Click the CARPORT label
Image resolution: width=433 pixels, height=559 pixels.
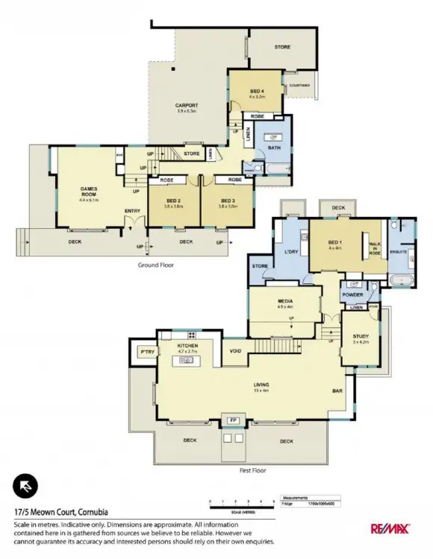point(187,106)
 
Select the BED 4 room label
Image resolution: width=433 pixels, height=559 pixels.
point(257,92)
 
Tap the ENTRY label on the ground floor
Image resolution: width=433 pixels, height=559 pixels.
point(133,211)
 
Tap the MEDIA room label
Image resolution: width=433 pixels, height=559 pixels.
point(284,303)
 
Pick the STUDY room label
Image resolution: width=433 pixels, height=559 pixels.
point(361,337)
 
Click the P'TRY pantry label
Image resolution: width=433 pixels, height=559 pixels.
point(147,351)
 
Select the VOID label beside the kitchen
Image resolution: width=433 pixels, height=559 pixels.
point(235,351)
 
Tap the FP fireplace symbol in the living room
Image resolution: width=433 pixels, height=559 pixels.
point(231,419)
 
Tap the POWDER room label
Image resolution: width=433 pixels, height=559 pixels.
point(353,294)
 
